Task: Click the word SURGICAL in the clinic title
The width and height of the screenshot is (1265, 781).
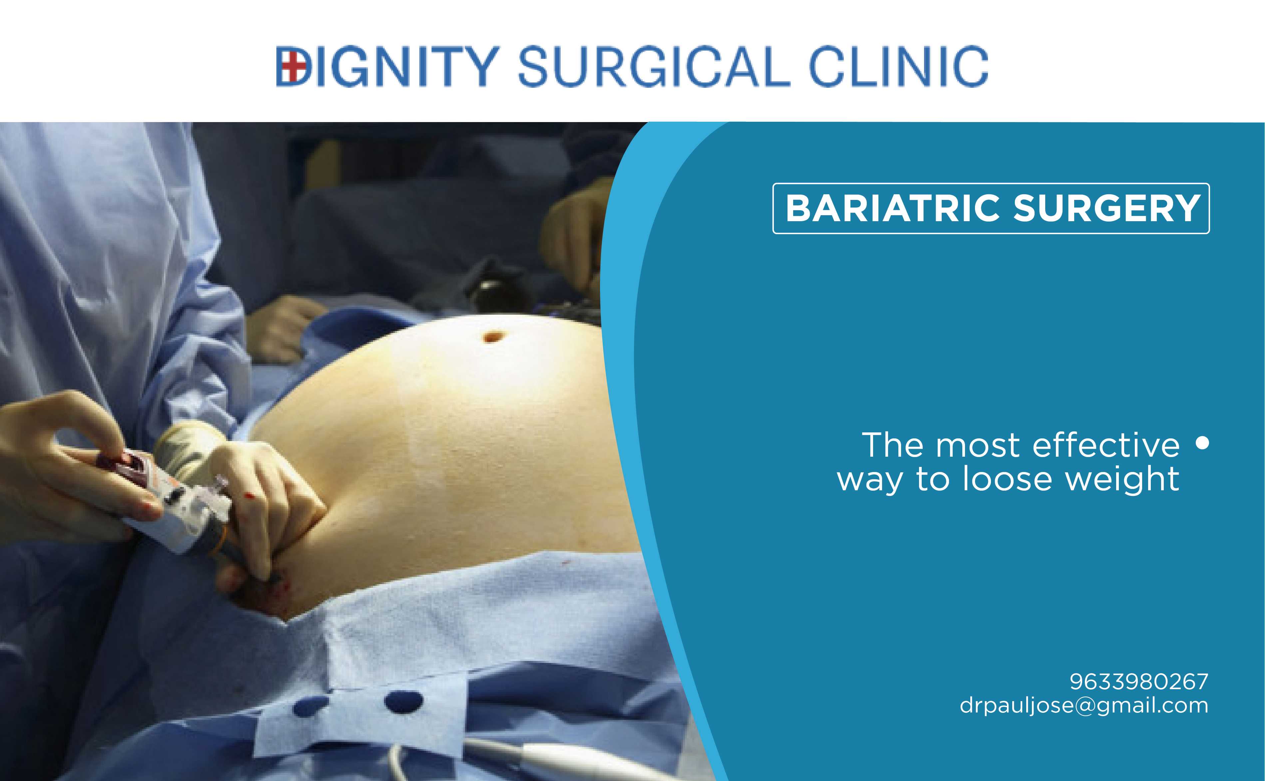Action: click(x=654, y=66)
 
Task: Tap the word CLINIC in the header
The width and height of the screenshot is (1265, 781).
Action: click(x=898, y=66)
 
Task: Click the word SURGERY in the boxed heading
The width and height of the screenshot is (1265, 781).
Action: click(x=1106, y=208)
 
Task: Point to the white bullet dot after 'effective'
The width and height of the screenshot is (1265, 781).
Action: click(x=1202, y=443)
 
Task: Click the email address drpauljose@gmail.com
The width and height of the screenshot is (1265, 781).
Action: click(x=1084, y=705)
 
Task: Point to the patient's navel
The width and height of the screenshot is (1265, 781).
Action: click(x=492, y=337)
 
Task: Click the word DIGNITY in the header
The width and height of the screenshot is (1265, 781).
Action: click(x=388, y=66)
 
